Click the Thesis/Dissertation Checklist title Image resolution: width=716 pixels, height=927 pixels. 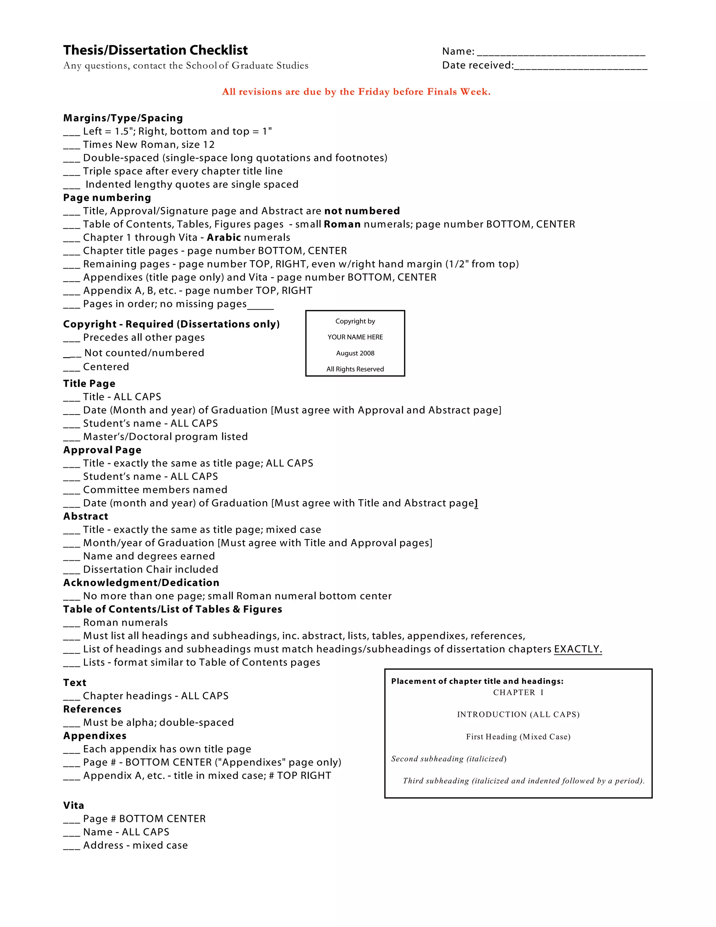click(155, 50)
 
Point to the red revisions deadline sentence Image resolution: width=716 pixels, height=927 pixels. click(356, 92)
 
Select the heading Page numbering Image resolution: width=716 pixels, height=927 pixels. click(107, 198)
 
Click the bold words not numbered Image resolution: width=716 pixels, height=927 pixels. click(362, 211)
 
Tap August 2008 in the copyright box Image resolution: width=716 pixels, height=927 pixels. click(355, 353)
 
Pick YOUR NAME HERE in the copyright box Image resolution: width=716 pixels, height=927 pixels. click(355, 337)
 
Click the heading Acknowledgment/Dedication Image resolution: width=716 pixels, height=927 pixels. click(141, 583)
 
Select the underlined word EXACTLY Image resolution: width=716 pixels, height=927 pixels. click(578, 649)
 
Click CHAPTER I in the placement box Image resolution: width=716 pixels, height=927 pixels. click(518, 692)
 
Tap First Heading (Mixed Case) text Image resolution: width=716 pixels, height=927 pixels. click(518, 736)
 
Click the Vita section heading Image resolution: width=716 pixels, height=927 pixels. click(73, 806)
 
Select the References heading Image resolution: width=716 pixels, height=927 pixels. click(92, 709)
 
